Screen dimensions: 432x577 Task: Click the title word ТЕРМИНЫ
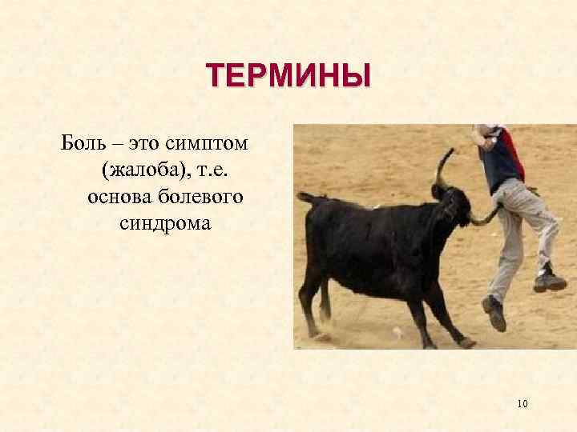click(288, 78)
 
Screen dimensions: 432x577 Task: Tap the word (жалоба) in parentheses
click(146, 170)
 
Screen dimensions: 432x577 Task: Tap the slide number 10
click(522, 403)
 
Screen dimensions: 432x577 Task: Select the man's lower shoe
click(494, 313)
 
